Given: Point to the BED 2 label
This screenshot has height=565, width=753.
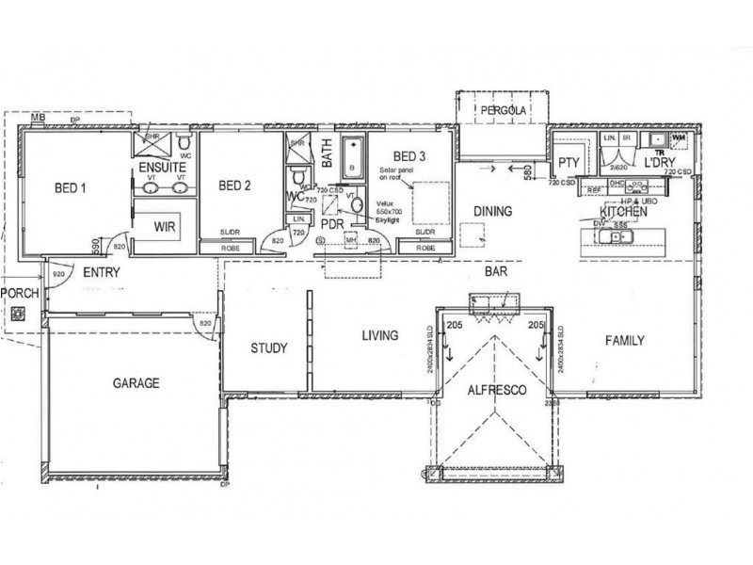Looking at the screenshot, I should click(x=234, y=185).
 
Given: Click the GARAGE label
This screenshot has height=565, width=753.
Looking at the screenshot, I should click(x=136, y=384).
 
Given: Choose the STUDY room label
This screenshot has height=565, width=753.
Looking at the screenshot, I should click(x=269, y=348).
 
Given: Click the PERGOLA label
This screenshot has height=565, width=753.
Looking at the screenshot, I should click(x=502, y=111).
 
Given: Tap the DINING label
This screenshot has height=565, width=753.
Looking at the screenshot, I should click(x=492, y=212).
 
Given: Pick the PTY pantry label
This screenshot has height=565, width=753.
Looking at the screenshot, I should click(x=568, y=162).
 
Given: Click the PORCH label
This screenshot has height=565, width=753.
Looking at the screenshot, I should click(x=19, y=293).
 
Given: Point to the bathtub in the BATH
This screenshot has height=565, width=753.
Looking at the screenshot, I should click(x=352, y=156).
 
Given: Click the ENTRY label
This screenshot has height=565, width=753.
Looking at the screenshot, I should click(x=100, y=273).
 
